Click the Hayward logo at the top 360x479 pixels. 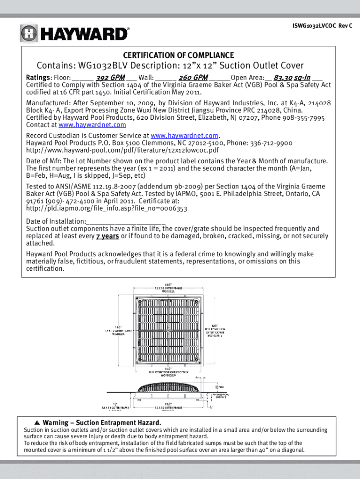74,33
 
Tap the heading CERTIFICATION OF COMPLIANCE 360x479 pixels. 179,55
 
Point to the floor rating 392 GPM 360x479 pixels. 110,77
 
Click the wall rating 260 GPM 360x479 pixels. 193,77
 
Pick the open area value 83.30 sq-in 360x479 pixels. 292,77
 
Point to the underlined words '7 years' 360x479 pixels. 108,236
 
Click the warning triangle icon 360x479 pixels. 36,423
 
